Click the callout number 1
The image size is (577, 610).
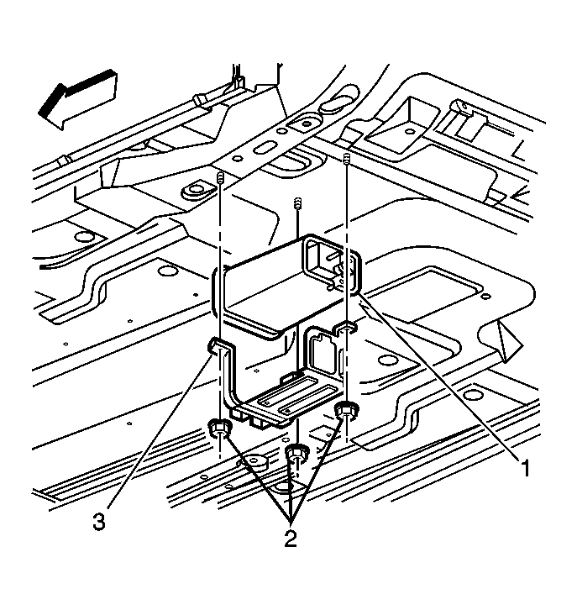coord(526,468)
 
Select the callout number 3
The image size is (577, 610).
coord(99,521)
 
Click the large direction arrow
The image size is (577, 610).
coord(78,99)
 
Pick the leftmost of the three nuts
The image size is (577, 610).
coord(220,429)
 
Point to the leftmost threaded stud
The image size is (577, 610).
coord(220,180)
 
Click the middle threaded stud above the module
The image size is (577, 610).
coord(298,202)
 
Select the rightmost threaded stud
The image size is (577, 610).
coord(347,158)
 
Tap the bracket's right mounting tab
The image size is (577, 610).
coord(346,329)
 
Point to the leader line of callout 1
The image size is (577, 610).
coord(438,376)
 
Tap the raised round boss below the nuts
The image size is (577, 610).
coord(255,462)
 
